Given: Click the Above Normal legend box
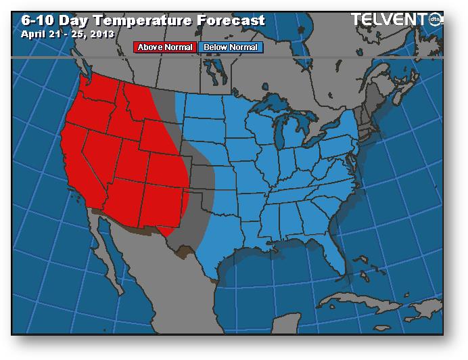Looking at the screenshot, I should click(166, 47).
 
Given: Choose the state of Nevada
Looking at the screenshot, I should click(108, 156).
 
